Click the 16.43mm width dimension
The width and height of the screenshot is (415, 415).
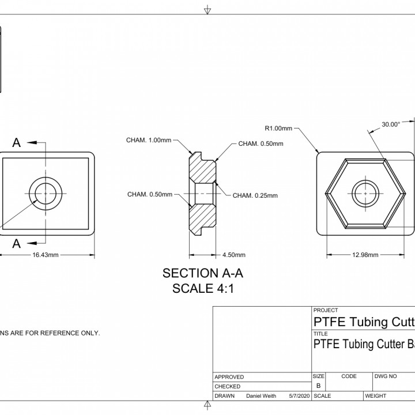pos(47,255)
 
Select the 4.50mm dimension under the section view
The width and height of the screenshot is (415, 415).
pos(233,255)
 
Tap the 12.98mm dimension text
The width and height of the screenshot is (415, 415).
pos(365,255)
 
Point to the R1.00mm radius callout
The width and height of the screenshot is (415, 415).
pos(278,128)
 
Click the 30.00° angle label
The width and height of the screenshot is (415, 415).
pos(390,124)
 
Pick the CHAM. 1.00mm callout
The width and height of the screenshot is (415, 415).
pos(149,140)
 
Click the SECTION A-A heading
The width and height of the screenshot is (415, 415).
pos(199,274)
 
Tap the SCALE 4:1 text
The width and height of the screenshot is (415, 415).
pos(199,289)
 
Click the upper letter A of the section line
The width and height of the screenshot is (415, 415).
pos(17,143)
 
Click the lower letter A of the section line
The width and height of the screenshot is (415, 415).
pos(17,243)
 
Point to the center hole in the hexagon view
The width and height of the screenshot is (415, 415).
pos(366,194)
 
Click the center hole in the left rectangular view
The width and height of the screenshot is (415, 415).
pos(47,193)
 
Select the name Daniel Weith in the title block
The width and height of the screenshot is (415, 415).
pos(261,396)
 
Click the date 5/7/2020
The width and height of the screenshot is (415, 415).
pos(295,396)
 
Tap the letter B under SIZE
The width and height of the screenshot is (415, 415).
pos(318,386)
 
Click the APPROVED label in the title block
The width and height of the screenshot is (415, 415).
pos(229,377)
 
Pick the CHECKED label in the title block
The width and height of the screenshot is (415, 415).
pos(228,386)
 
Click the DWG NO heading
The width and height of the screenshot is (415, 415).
pos(385,376)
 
